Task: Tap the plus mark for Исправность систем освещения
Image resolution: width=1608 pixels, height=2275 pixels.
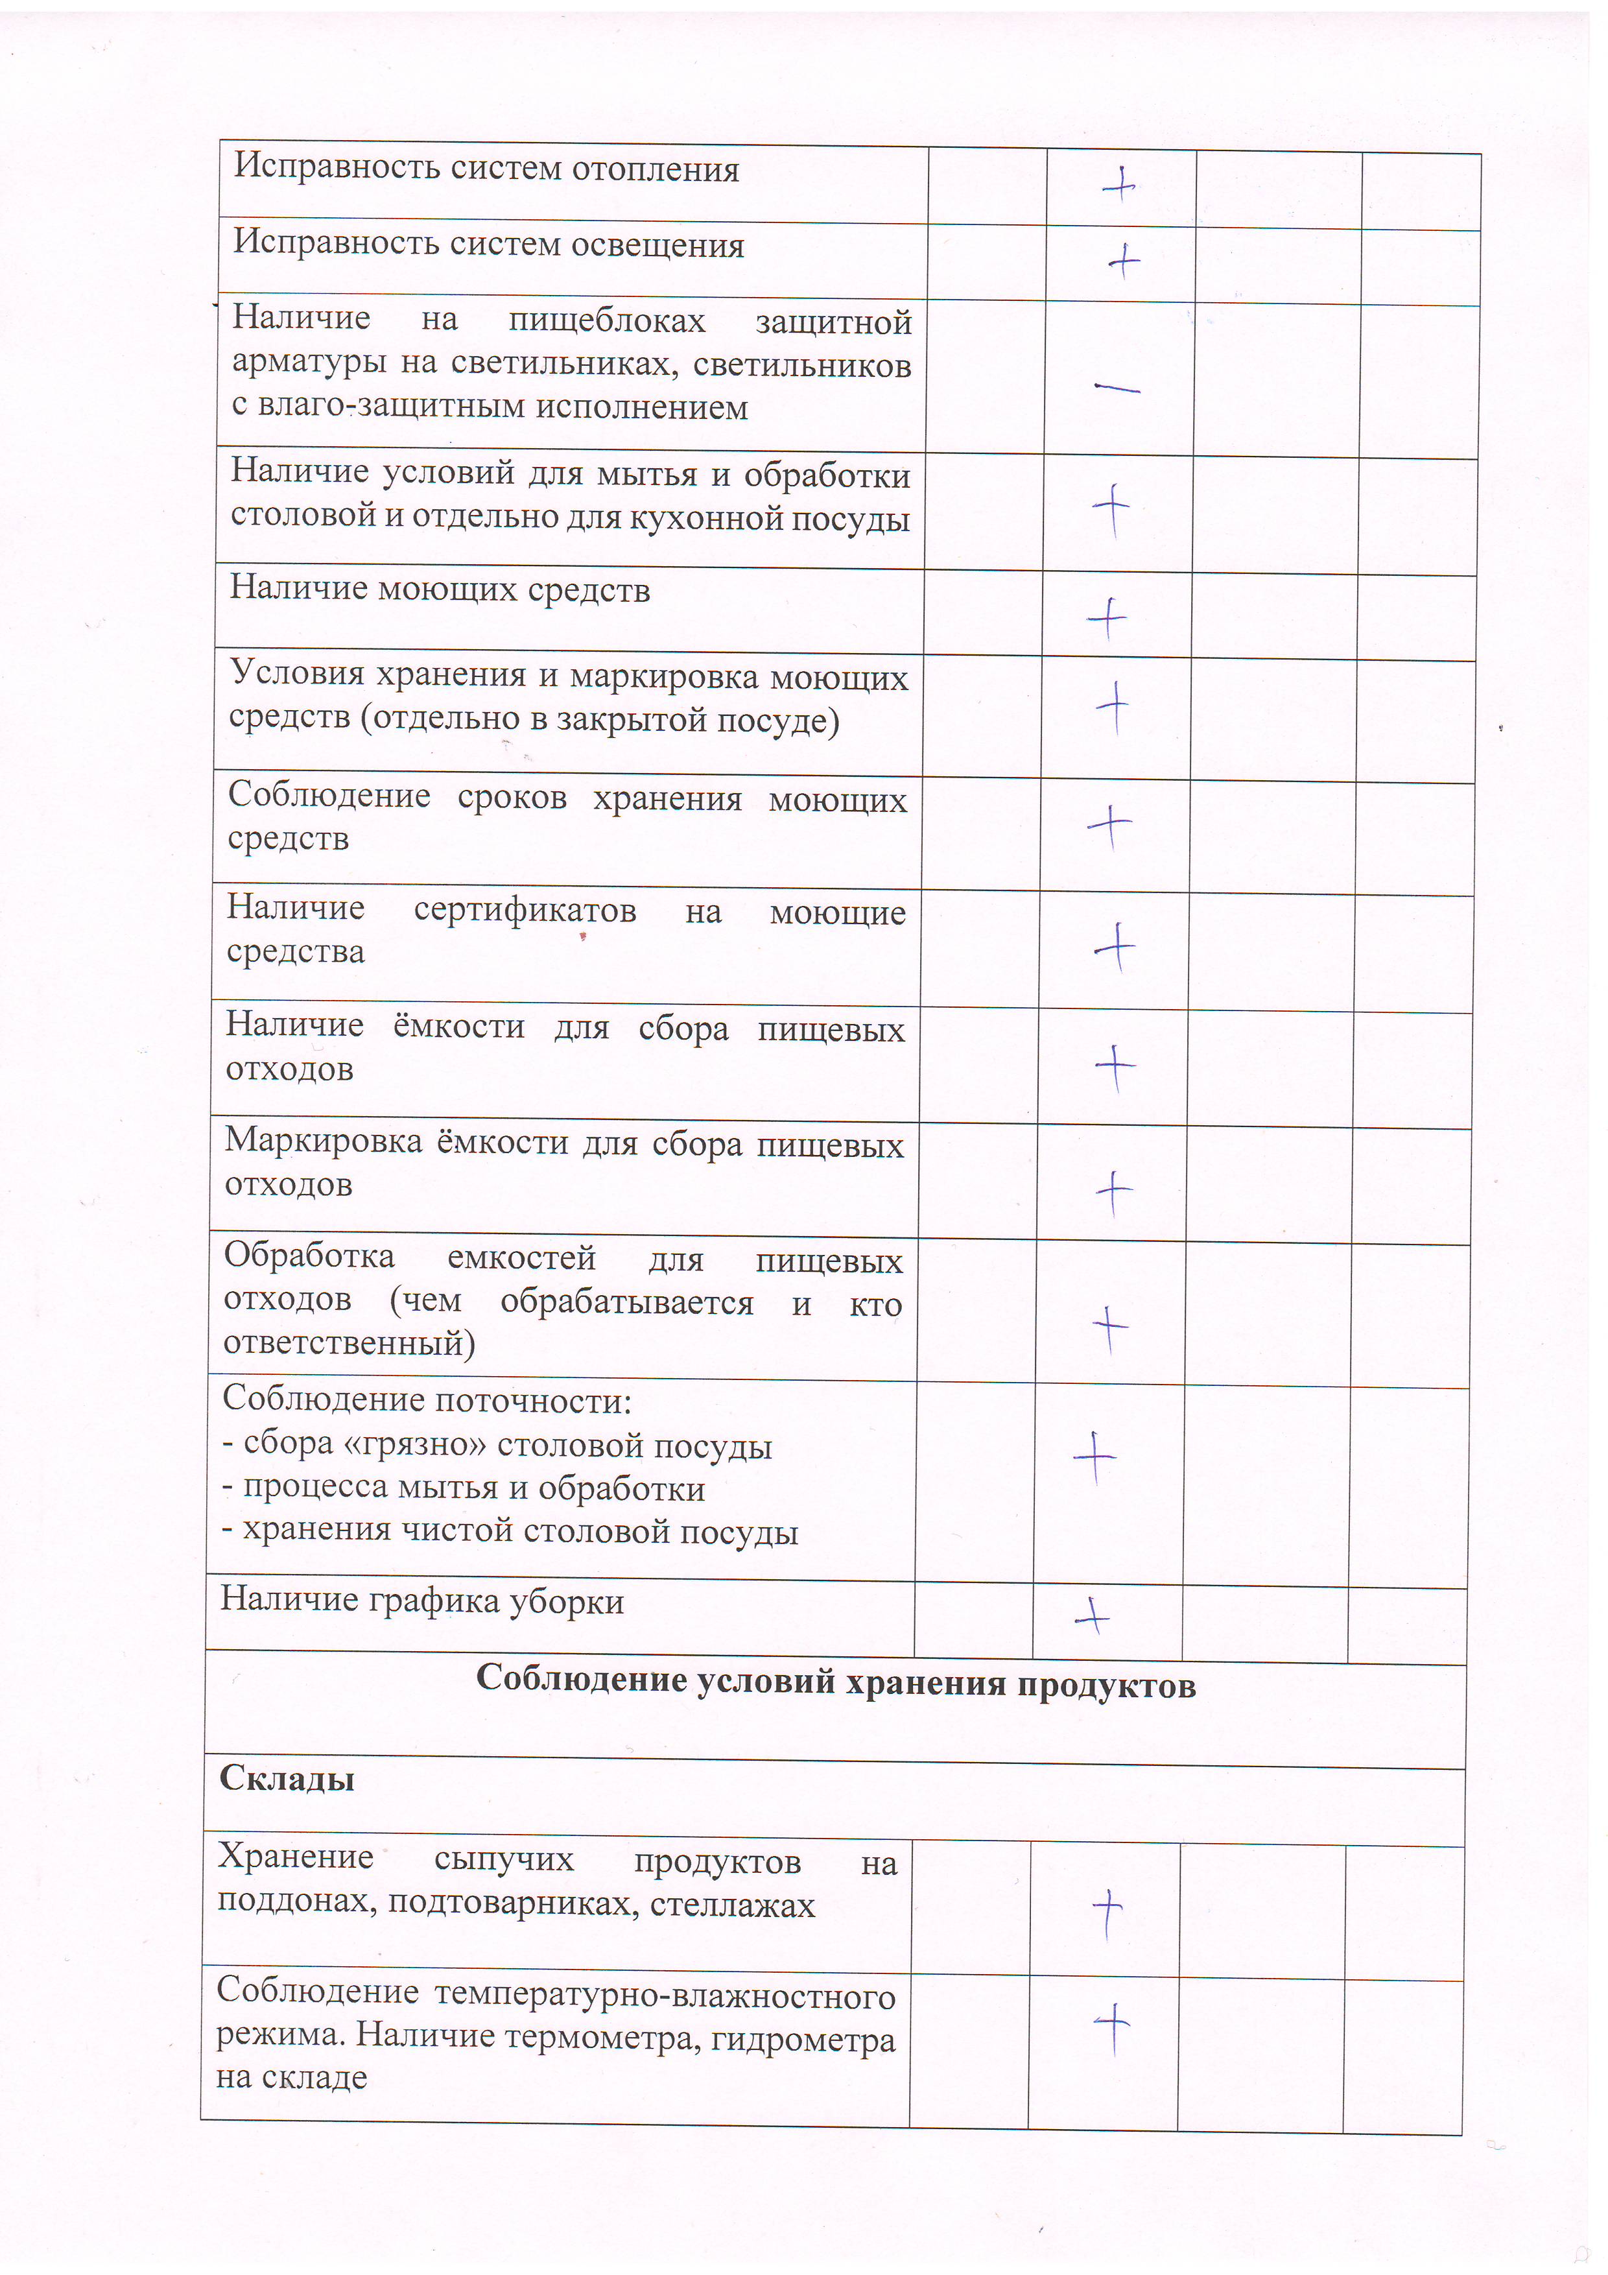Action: coord(1124,261)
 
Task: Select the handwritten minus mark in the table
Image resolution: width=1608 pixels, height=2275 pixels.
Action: coord(1117,388)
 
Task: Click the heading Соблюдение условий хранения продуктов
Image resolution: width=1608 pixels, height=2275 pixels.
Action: coord(835,1682)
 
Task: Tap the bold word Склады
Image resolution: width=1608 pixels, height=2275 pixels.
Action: coord(287,1779)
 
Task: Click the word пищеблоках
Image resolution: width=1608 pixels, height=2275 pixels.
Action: coord(606,321)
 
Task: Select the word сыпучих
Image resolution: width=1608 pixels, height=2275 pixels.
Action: coord(503,1860)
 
